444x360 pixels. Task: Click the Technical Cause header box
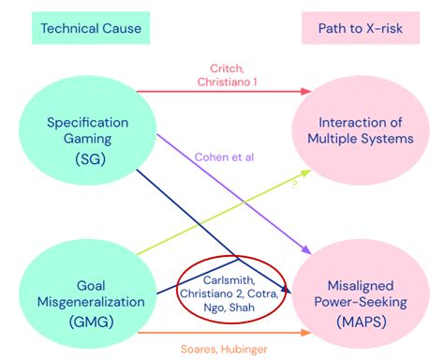click(92, 29)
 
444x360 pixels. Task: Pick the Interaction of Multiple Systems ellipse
click(364, 131)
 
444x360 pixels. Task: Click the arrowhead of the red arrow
click(306, 91)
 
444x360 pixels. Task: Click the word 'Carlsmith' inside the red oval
click(229, 279)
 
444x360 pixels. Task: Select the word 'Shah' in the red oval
click(246, 307)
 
